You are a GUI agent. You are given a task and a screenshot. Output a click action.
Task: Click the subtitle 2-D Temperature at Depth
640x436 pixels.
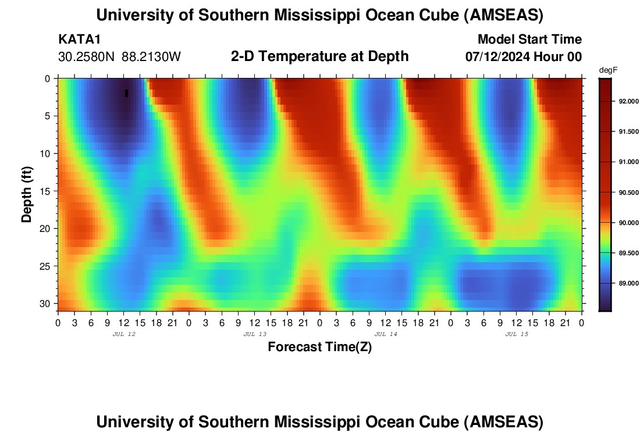tap(319, 56)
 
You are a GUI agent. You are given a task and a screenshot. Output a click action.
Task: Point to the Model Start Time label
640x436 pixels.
tap(529, 40)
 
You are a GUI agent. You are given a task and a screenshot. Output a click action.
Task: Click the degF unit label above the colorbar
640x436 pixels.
tap(608, 70)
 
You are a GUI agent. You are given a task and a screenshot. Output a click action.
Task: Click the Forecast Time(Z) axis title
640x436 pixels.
tap(319, 347)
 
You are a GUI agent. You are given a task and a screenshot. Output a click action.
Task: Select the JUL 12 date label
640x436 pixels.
tap(123, 334)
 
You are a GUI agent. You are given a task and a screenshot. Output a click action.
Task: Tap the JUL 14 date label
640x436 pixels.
tap(385, 334)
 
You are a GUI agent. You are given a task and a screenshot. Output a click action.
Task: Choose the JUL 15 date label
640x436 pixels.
tap(516, 334)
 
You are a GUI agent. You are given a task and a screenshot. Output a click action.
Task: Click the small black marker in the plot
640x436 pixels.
tap(126, 93)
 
